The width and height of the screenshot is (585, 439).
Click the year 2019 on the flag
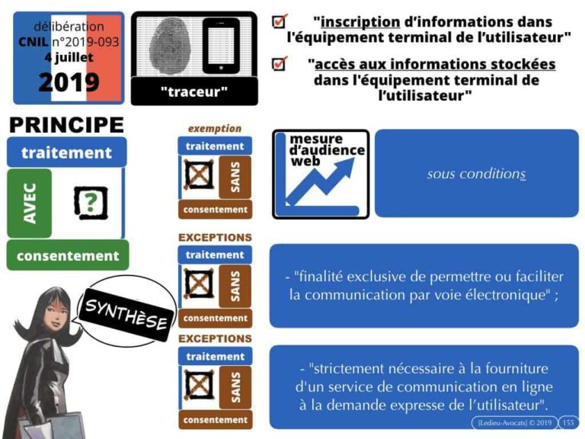click(x=69, y=82)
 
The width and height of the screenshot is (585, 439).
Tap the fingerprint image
click(x=170, y=46)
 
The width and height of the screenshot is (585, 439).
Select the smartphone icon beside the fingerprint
click(x=221, y=46)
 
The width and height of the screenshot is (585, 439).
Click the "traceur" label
click(x=194, y=91)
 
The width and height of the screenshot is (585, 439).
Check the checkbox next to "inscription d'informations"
click(x=280, y=21)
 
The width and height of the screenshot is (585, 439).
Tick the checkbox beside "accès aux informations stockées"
click(x=280, y=63)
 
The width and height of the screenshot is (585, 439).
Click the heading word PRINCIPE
click(x=66, y=125)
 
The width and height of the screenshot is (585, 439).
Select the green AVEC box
click(x=30, y=203)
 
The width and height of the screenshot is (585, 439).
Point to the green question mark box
click(x=91, y=203)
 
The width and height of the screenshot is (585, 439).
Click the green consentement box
click(x=68, y=255)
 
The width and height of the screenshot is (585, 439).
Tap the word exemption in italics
click(x=215, y=128)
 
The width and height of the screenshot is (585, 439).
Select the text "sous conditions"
click(x=476, y=174)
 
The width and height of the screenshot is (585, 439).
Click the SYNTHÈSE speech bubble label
click(x=126, y=314)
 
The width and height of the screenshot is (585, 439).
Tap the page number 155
click(x=567, y=422)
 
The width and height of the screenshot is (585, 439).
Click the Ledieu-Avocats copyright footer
click(x=514, y=422)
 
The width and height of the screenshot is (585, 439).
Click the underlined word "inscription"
click(x=360, y=21)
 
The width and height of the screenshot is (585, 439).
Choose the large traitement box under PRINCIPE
click(x=67, y=152)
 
